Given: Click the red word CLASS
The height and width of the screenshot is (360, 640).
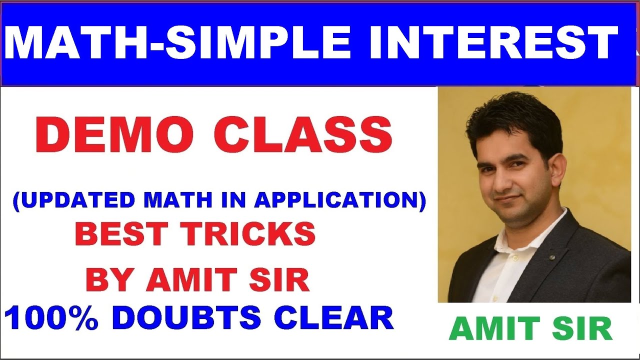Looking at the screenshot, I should click(x=303, y=136).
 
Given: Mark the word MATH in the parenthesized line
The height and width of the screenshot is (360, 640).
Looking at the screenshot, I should click(x=175, y=200).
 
